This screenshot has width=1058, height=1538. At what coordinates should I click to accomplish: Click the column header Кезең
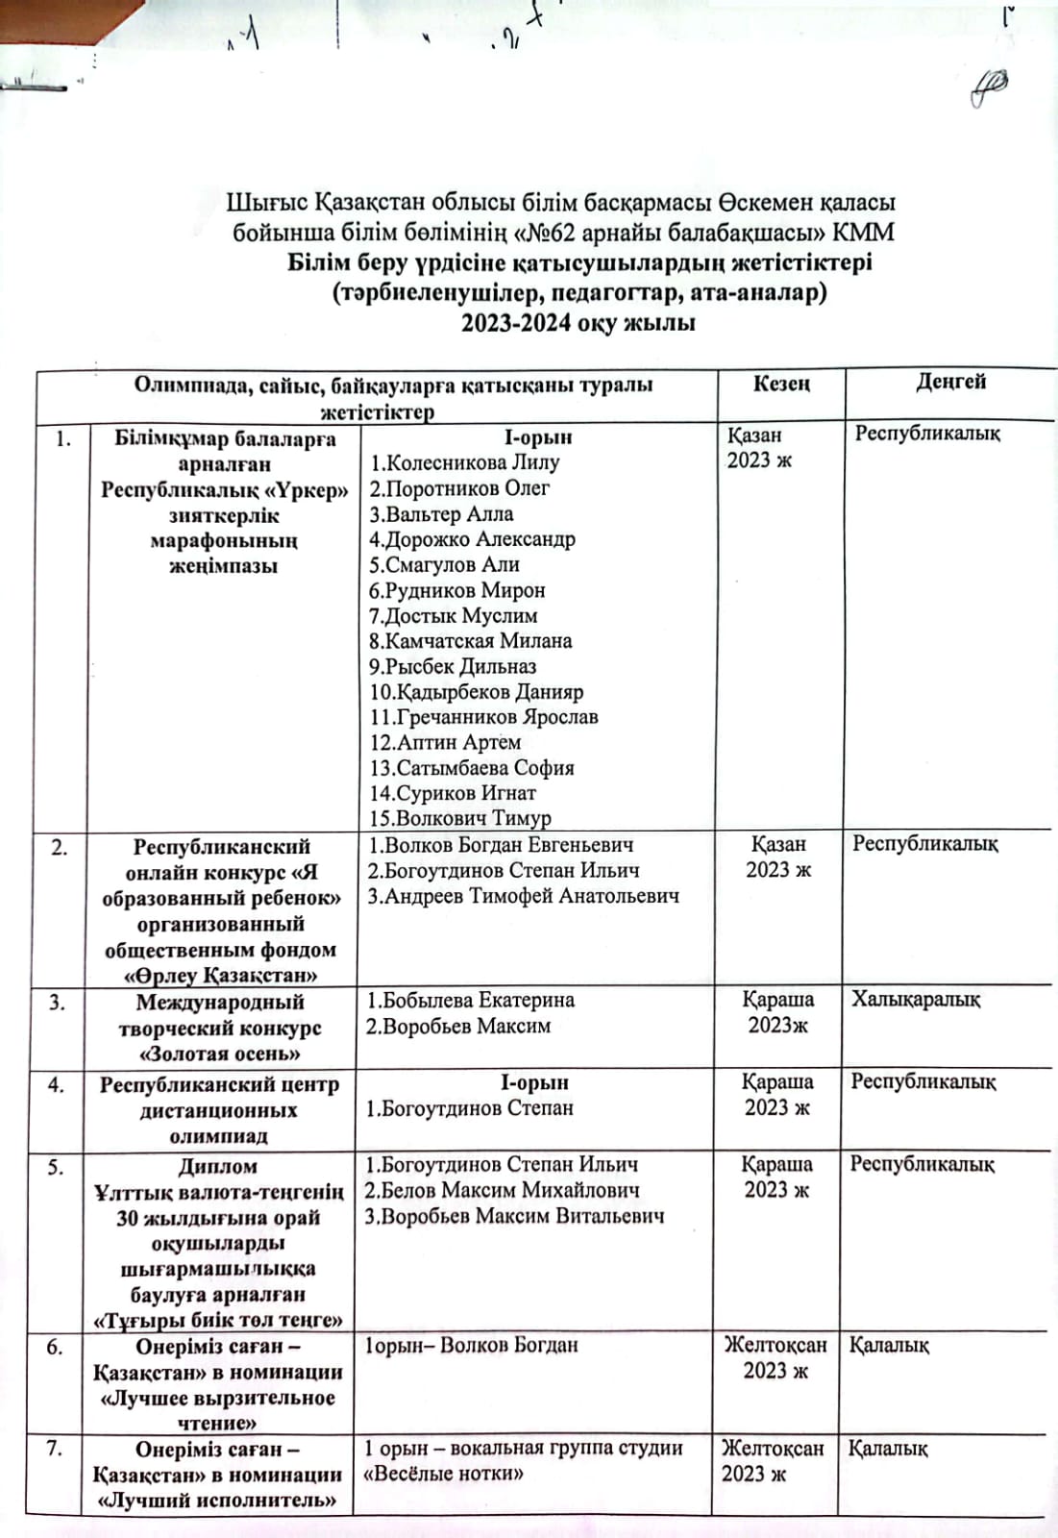coord(781,384)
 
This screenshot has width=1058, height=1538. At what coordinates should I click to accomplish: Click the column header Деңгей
coord(950,382)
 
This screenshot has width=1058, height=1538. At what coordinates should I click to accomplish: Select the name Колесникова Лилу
coord(465,462)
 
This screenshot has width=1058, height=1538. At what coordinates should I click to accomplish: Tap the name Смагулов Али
coord(444,564)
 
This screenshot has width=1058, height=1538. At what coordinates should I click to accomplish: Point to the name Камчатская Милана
coord(470,640)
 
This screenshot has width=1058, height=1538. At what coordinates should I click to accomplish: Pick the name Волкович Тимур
coord(460,818)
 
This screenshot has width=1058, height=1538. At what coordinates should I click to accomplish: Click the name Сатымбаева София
coord(471,767)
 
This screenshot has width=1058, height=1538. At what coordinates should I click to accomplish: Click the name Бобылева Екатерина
coord(470,1000)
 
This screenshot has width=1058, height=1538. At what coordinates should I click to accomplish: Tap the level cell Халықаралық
coord(916,1000)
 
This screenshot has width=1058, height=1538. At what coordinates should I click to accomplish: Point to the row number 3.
coord(58,1002)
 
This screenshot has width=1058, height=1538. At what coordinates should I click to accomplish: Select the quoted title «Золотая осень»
coord(220,1054)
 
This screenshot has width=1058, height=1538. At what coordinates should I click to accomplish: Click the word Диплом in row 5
coord(218,1166)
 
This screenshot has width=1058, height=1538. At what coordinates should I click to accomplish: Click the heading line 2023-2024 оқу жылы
coord(578,323)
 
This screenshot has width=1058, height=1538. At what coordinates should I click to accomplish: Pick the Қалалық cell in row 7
coord(888,1449)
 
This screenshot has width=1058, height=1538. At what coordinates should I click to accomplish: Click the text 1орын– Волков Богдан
coord(471,1345)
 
